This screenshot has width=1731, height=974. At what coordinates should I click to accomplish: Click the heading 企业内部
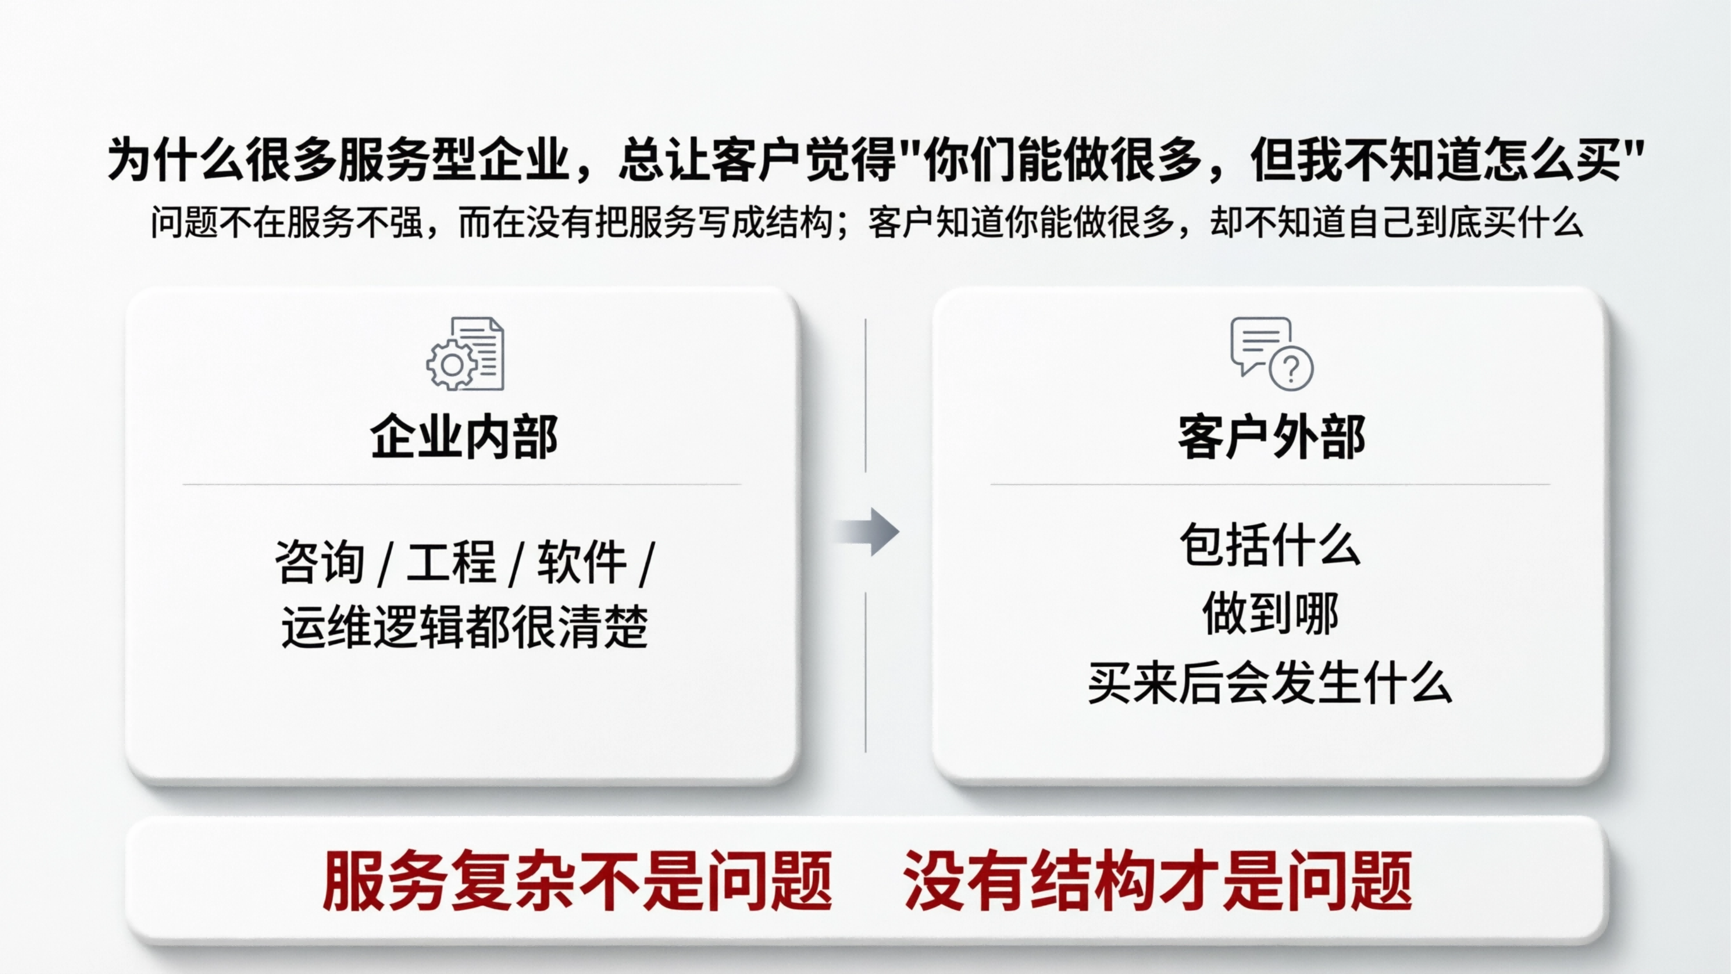(x=464, y=437)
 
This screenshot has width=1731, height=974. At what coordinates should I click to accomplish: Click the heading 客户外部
(x=1271, y=437)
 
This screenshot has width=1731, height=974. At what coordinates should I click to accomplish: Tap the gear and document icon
(x=465, y=354)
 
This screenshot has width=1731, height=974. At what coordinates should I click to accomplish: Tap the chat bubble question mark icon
(x=1271, y=354)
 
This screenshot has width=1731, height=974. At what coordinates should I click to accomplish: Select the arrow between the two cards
(x=868, y=531)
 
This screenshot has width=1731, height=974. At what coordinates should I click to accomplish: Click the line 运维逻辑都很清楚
(x=464, y=626)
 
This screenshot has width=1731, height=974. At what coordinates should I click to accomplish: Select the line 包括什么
(x=1270, y=544)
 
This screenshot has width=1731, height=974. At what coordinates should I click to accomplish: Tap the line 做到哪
(x=1270, y=613)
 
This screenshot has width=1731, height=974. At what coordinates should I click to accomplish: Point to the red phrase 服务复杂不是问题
(x=578, y=880)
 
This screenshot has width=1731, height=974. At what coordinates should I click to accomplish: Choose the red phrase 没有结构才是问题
(x=1157, y=880)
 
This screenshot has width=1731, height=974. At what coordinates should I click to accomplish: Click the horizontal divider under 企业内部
(x=462, y=484)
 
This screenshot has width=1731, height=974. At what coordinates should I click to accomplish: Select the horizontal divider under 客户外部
(x=1270, y=484)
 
